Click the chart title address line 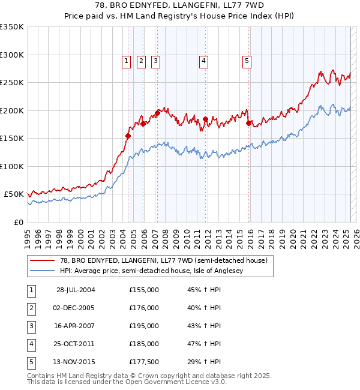point(180,5)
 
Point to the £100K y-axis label point(11,166)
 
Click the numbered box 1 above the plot point(127,60)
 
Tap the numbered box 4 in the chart point(204,60)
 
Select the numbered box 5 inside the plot point(247,60)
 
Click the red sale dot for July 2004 point(128,136)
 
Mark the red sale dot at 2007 point(157,113)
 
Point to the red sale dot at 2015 point(248,123)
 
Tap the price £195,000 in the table point(144,326)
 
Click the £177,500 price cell point(144,362)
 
